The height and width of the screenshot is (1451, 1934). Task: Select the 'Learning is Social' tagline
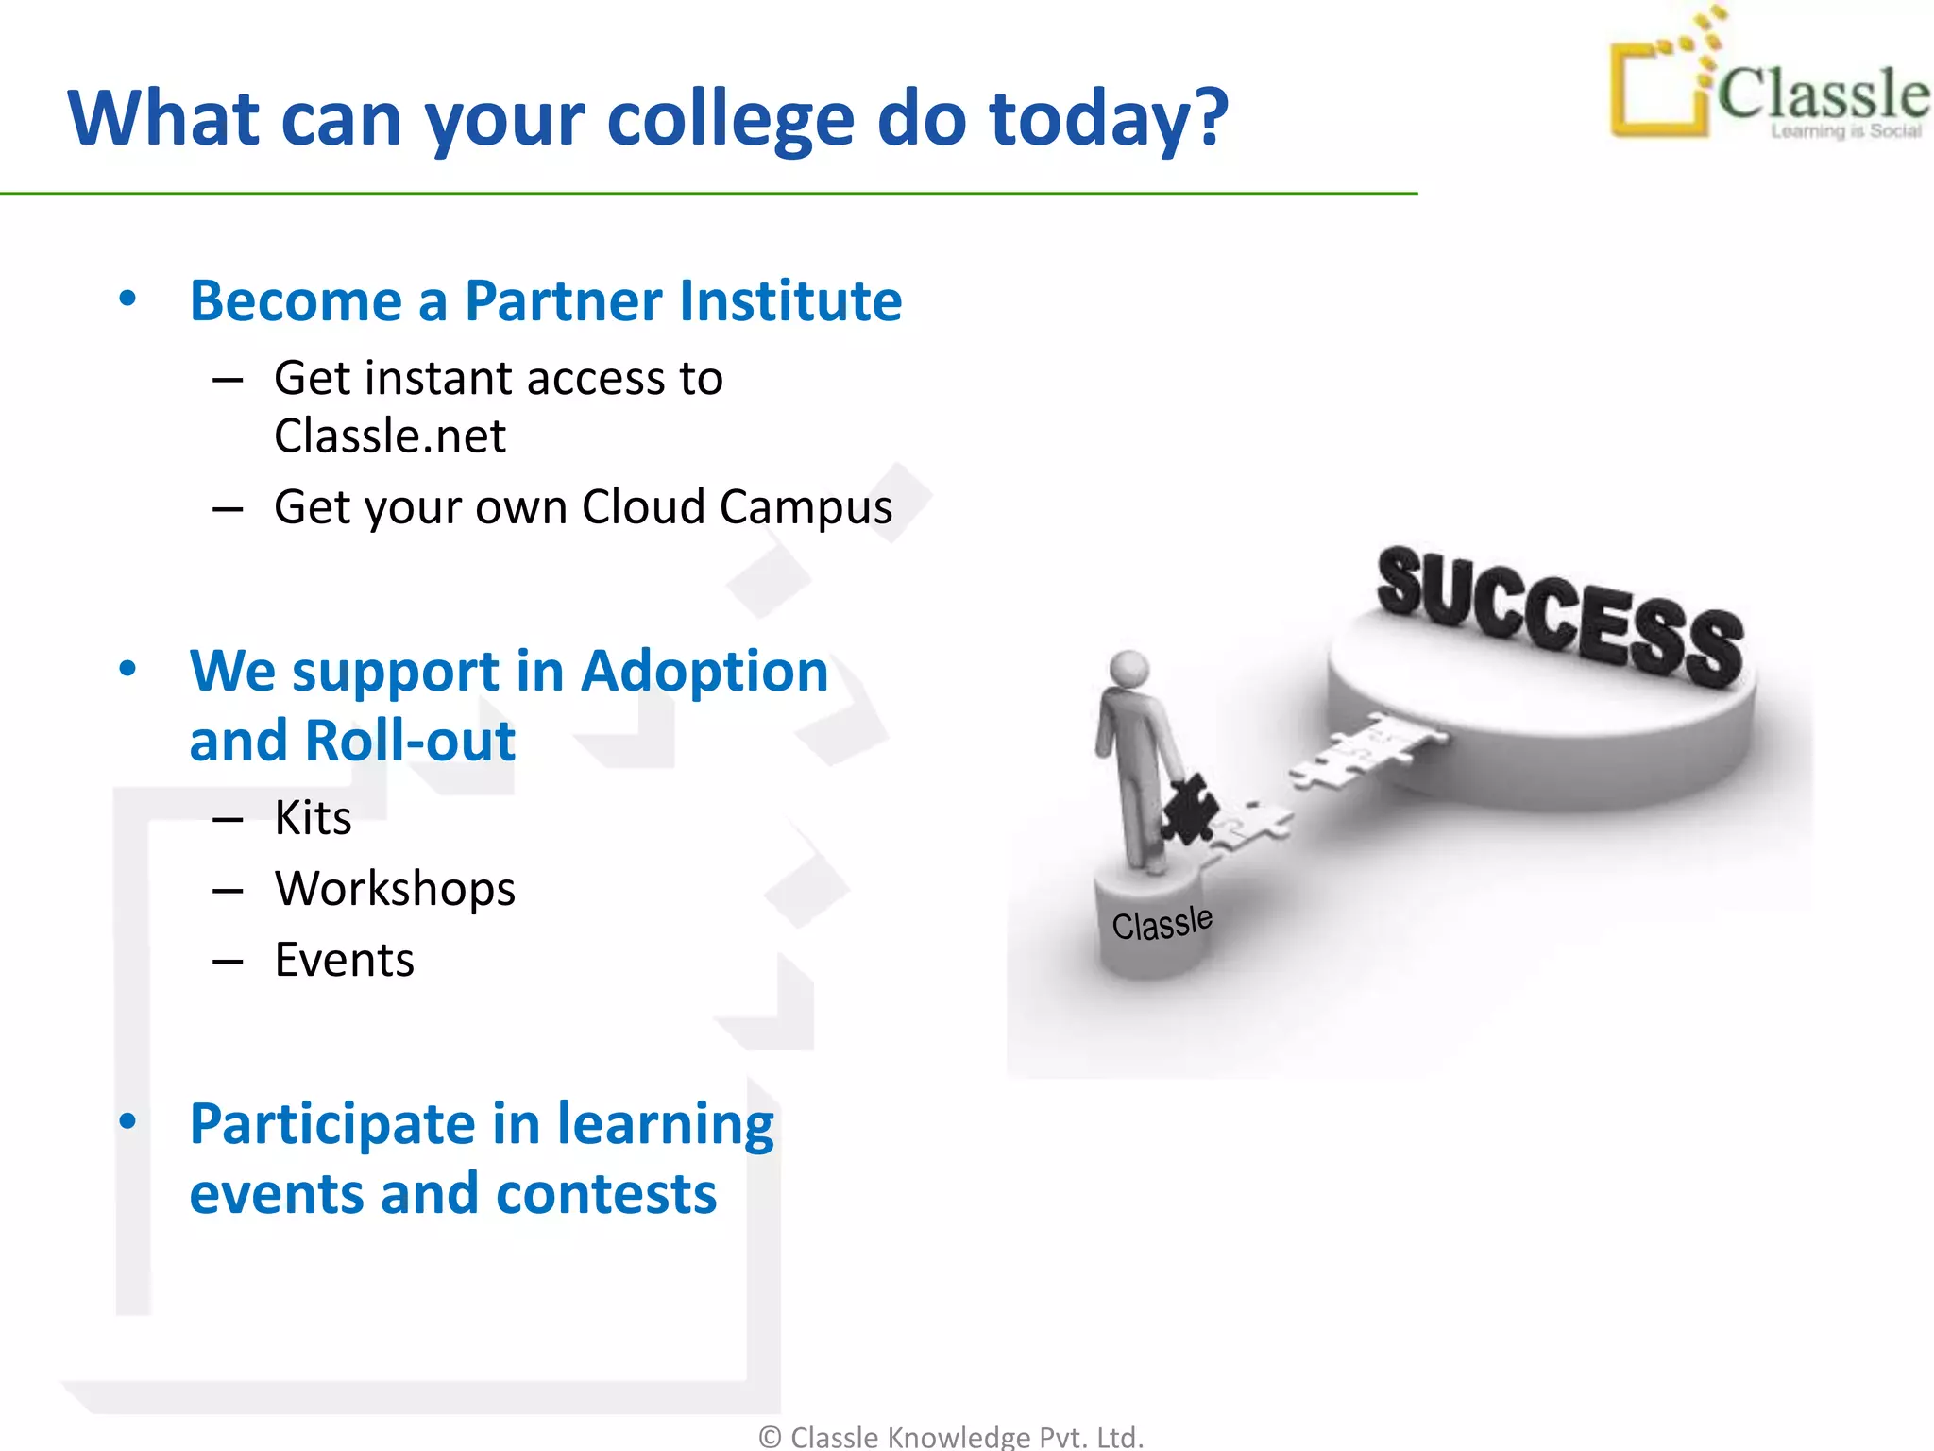tap(1845, 131)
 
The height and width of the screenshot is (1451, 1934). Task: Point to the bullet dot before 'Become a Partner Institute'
tap(127, 299)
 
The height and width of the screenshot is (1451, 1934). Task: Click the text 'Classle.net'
tap(389, 436)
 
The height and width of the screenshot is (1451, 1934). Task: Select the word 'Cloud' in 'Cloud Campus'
tap(642, 507)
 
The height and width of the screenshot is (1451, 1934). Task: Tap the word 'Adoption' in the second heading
tap(704, 671)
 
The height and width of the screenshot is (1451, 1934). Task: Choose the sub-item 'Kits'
tap(313, 817)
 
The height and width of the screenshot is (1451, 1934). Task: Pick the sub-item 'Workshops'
tap(395, 889)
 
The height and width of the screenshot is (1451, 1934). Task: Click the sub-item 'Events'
tap(344, 960)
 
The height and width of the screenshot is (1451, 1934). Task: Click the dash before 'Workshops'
tap(228, 890)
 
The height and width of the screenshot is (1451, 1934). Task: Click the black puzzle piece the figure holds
tap(1188, 808)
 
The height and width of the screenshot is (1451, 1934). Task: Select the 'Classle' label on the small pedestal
tap(1162, 923)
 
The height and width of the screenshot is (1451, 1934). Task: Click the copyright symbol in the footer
tap(770, 1437)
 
